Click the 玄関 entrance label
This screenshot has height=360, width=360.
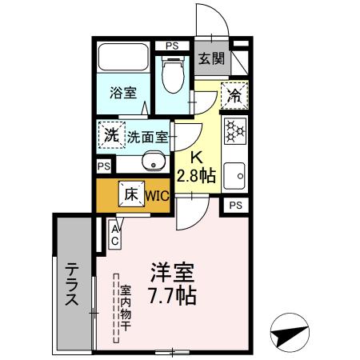point(213,58)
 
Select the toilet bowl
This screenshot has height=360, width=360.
point(170,77)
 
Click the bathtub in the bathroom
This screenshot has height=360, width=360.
point(122,59)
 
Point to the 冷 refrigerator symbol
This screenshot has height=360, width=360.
point(234,94)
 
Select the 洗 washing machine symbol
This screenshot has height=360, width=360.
point(110,134)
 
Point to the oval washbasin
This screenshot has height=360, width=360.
point(152,162)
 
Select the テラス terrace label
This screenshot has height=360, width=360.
point(71,285)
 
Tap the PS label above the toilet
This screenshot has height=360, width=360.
point(171,46)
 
